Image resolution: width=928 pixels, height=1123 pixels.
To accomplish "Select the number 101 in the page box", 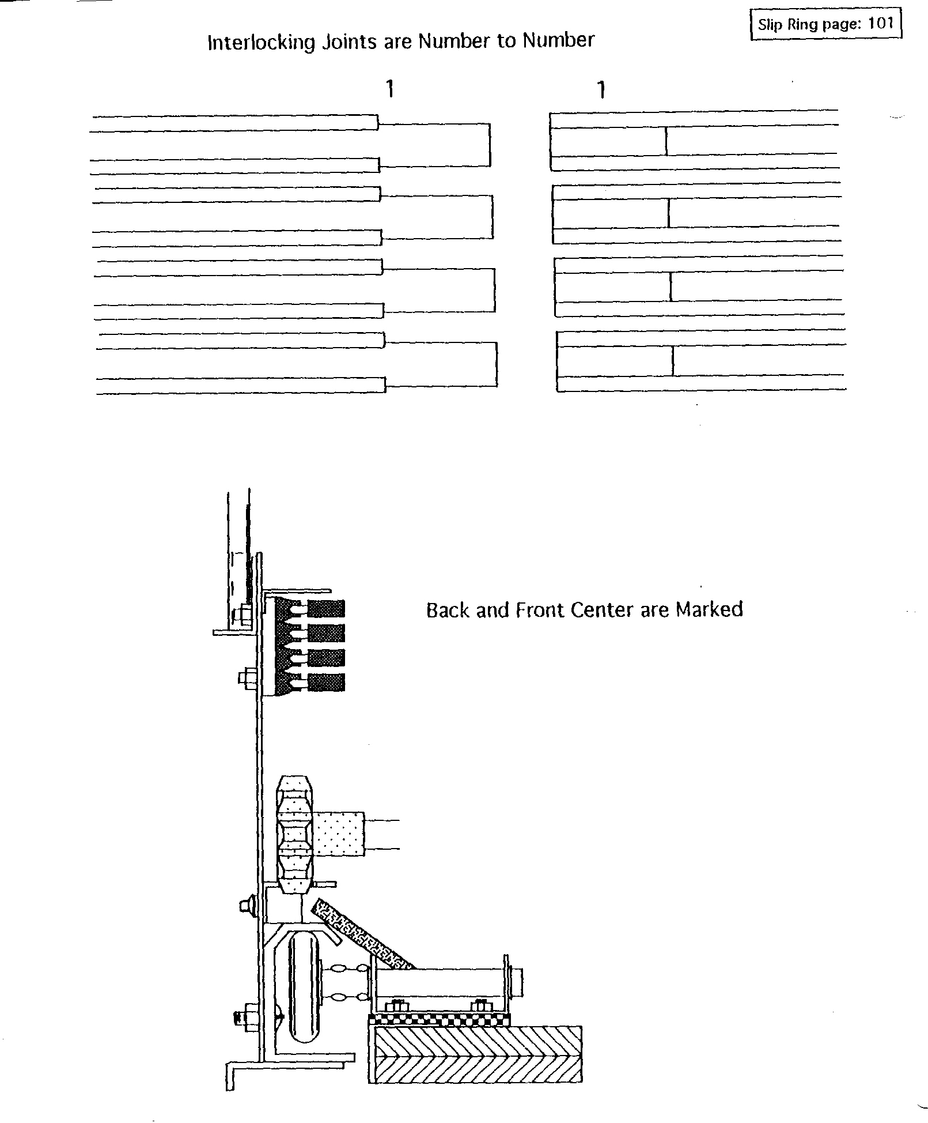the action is click(880, 24).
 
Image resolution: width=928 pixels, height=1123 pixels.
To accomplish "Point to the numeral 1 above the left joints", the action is click(390, 89).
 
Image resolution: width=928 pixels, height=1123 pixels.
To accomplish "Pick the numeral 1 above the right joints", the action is click(601, 89).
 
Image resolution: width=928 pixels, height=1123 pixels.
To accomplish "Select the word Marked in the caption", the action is click(709, 609).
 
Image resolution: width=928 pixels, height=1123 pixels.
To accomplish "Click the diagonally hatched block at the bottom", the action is click(475, 1054).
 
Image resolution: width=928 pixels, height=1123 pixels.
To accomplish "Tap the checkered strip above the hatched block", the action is click(440, 1020).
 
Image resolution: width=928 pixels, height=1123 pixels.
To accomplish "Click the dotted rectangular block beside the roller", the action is click(338, 833).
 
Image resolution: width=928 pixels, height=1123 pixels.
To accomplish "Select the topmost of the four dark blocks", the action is click(326, 609).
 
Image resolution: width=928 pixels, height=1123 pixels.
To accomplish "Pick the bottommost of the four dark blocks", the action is click(326, 682).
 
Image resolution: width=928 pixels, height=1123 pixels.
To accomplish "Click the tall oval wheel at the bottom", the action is click(304, 993).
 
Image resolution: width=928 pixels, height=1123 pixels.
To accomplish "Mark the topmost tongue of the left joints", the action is click(434, 145).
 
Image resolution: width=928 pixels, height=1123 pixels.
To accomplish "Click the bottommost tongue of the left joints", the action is click(441, 364).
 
